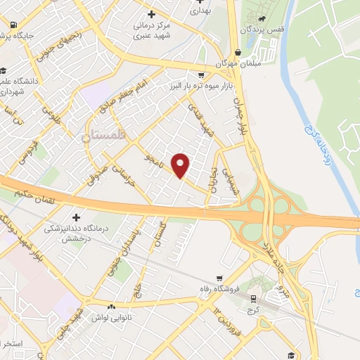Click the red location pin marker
181,165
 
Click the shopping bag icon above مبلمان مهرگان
238,52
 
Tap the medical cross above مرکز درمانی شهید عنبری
151,14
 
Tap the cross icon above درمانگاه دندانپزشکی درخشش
75,217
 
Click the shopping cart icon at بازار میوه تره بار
202,74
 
